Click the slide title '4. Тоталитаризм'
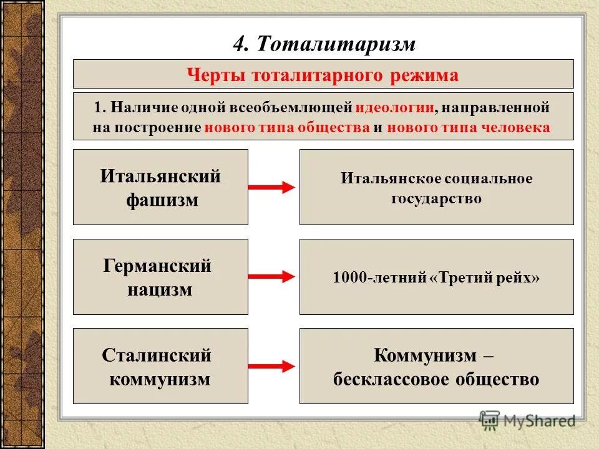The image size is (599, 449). click(324, 44)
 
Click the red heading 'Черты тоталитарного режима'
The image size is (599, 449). click(323, 75)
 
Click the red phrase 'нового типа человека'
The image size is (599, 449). click(469, 127)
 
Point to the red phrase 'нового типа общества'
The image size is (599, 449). click(287, 127)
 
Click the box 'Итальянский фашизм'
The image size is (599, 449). click(160, 187)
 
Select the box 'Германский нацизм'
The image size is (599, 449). click(160, 277)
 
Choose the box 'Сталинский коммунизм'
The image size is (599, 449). click(160, 366)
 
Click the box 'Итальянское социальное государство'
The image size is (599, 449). click(436, 187)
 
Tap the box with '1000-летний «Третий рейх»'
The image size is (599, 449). click(436, 277)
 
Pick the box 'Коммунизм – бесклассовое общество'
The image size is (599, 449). click(436, 366)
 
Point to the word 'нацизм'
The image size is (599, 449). click(160, 289)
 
